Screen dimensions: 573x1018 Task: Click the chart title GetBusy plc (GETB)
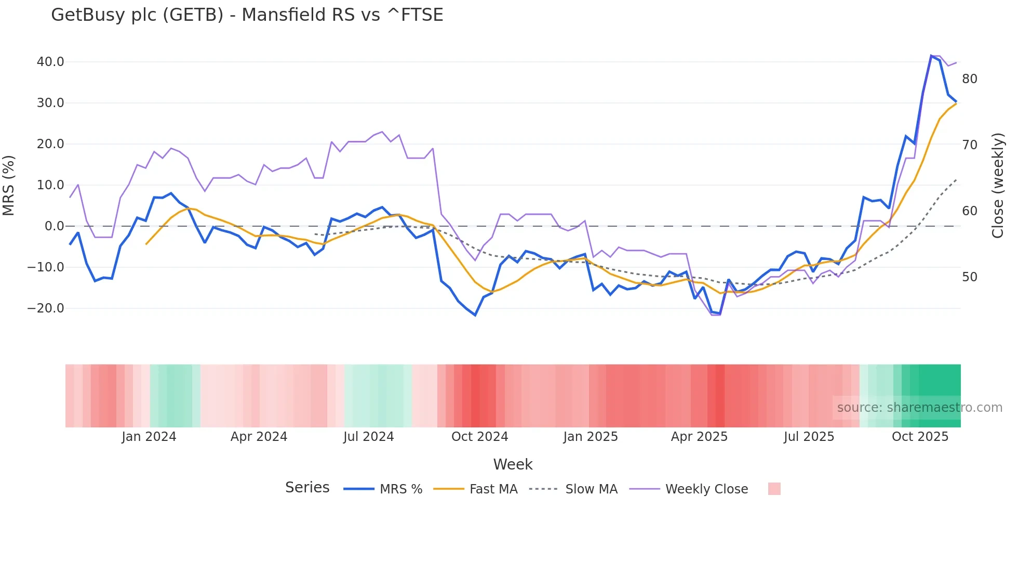tap(247, 15)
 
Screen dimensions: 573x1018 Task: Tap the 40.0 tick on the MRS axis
tap(50, 62)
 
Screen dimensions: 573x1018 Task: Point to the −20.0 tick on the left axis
tap(46, 308)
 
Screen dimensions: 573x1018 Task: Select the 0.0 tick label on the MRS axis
tap(54, 226)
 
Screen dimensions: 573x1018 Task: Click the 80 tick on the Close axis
tap(970, 79)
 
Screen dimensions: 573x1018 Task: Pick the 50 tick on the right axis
tap(970, 277)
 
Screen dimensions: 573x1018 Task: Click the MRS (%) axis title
tap(9, 185)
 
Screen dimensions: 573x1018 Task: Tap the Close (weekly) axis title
tap(998, 185)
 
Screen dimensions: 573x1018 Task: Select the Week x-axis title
tap(513, 464)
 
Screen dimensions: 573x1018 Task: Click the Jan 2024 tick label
tap(149, 437)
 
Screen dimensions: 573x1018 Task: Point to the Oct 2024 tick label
tap(479, 437)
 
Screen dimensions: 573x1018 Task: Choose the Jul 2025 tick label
tap(809, 437)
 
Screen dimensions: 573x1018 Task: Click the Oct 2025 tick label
tap(920, 437)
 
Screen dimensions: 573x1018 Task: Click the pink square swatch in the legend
tap(774, 489)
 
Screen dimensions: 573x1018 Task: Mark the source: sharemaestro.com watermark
tap(919, 408)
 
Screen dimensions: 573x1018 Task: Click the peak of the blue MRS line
tap(931, 56)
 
